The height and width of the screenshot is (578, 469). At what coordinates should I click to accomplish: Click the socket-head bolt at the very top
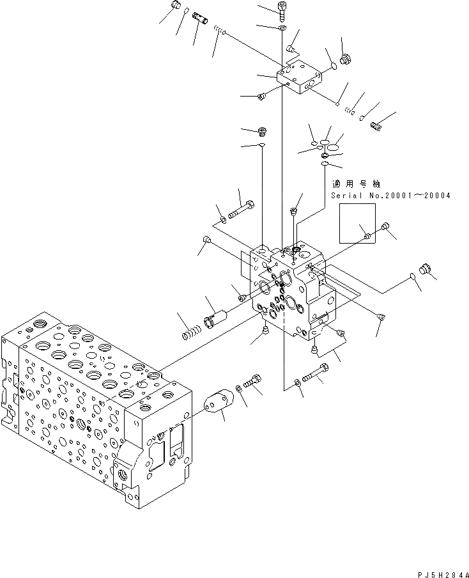pos(282,8)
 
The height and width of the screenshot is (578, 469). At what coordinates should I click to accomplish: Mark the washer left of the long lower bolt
pos(298,383)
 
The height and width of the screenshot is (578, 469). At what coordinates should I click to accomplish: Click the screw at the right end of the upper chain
pos(376,126)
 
